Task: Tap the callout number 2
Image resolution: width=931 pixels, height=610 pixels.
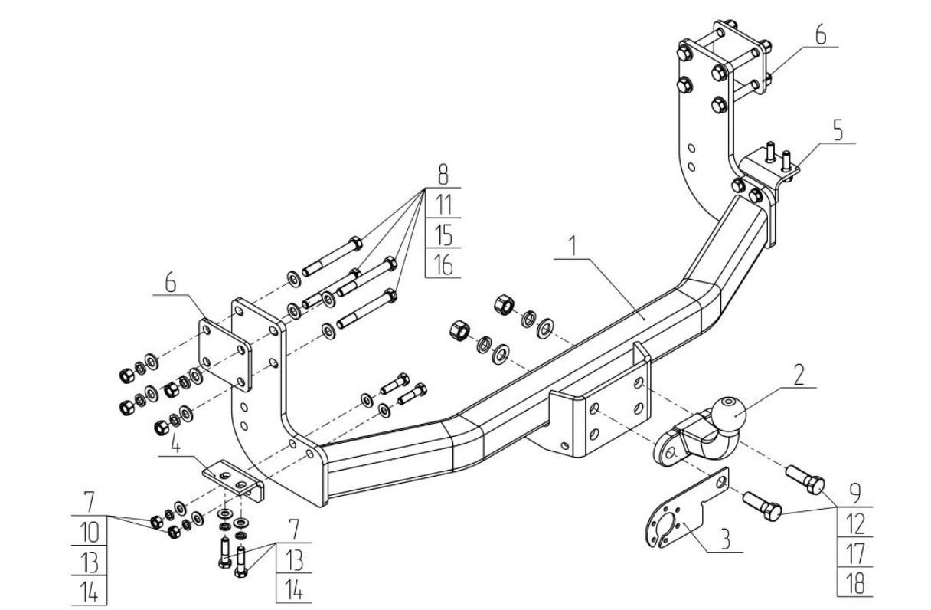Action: click(x=799, y=375)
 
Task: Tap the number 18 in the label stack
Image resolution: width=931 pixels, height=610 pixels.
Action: click(x=854, y=584)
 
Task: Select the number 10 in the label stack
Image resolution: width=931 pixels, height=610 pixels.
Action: click(x=90, y=531)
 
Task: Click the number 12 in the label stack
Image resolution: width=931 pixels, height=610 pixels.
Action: click(x=854, y=525)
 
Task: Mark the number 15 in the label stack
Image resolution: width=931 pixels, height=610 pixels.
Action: click(x=443, y=234)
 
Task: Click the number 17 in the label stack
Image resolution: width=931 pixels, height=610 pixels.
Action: click(x=854, y=554)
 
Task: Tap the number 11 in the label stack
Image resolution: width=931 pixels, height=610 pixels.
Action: click(x=443, y=204)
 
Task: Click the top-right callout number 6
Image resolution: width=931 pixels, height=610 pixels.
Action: click(x=820, y=35)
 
